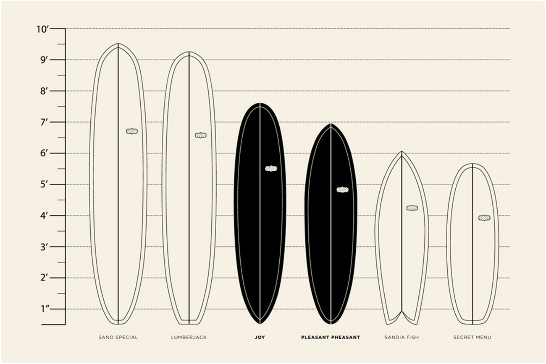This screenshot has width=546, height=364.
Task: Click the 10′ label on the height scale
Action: coord(43,29)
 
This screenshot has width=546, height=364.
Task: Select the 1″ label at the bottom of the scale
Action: coord(45,309)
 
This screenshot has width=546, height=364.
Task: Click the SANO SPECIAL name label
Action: coord(118,338)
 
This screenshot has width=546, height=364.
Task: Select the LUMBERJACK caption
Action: coord(189,338)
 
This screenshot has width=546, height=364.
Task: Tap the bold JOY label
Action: coord(260,338)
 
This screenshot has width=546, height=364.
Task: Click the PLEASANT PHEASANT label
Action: coord(331,338)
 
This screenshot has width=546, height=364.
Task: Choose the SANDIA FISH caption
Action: coord(402,338)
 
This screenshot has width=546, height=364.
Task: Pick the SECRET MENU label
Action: coord(472,338)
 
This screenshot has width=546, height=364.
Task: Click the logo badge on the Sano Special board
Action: coord(132,131)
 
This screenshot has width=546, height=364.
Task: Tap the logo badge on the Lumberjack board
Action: coord(201,135)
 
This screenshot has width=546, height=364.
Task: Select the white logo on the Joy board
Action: coord(271,169)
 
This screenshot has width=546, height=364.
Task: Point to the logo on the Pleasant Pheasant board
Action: coord(342,190)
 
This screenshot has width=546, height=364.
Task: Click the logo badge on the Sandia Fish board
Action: coord(412,208)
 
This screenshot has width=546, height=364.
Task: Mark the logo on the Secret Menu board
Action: coord(484,218)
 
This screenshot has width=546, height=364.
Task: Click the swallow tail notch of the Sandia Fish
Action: coord(402,311)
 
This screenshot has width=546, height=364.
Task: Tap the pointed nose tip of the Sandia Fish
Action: coord(402,151)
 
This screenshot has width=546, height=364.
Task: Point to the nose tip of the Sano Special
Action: coord(118,44)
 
